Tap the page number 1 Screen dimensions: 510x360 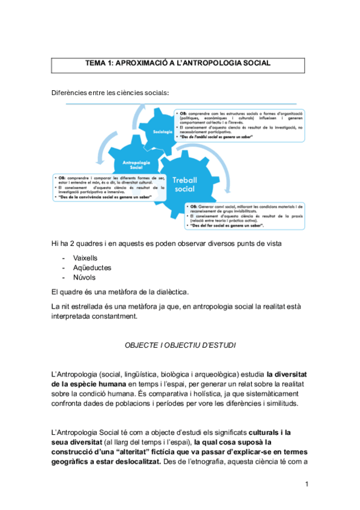coord(306,484)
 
